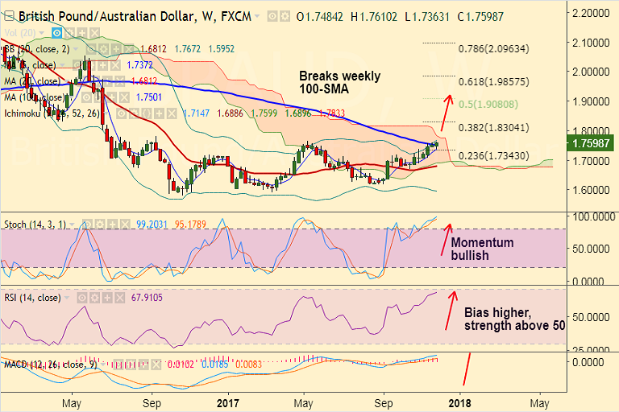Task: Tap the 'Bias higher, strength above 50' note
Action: tap(514, 319)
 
